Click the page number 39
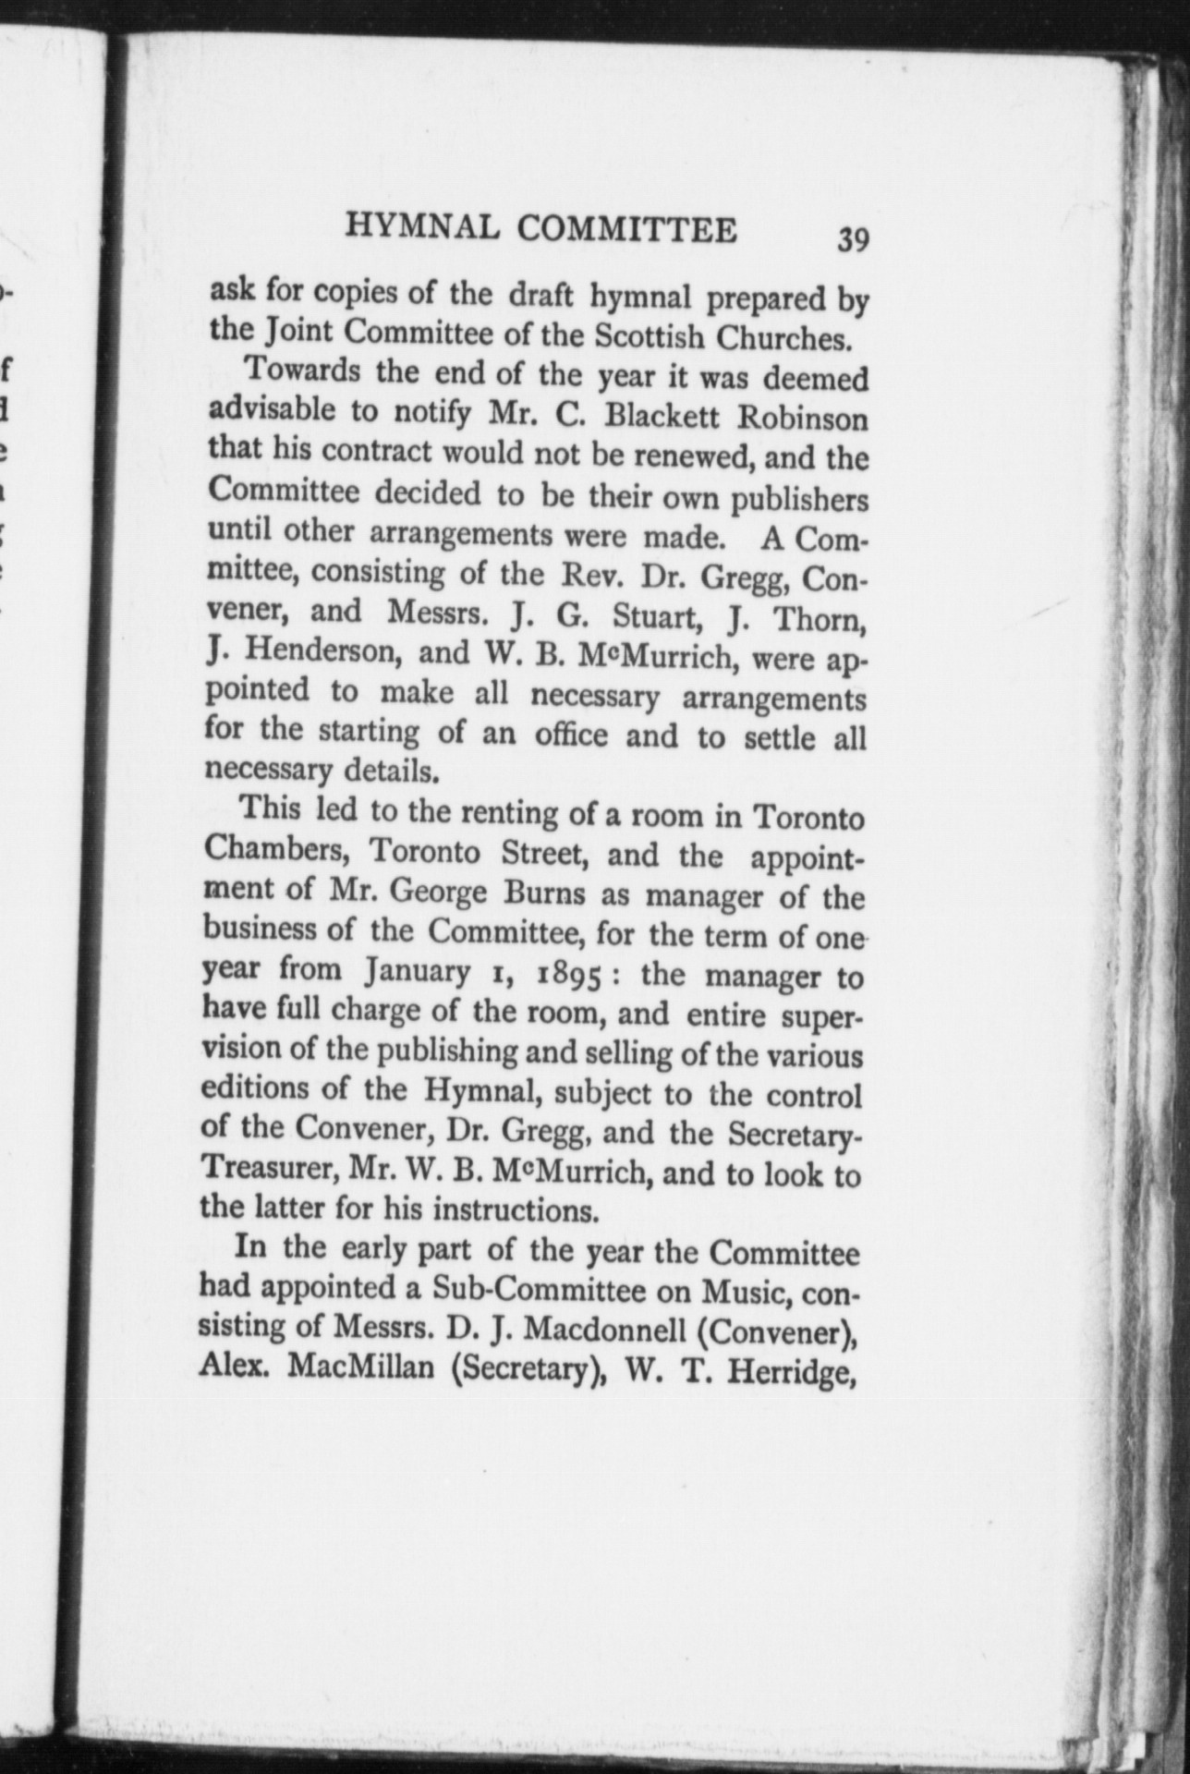coord(852,239)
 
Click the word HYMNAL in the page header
coord(423,228)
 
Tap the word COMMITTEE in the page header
coord(627,228)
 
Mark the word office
coord(572,735)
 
